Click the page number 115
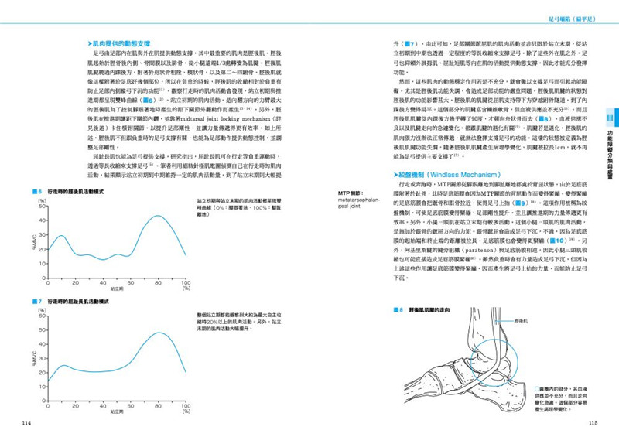coord(593,422)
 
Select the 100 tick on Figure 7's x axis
coord(186,405)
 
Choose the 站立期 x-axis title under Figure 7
coord(116,412)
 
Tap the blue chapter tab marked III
coord(610,118)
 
